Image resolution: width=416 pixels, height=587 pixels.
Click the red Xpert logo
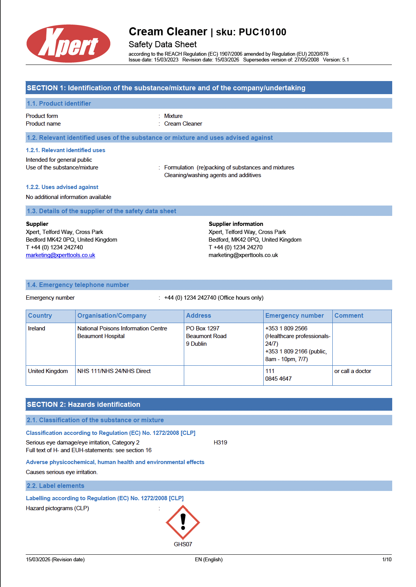(68, 44)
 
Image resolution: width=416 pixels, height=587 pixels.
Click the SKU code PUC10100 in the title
(262, 32)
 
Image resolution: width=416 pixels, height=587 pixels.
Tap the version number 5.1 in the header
(345, 60)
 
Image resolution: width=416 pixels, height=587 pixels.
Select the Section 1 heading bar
(208, 88)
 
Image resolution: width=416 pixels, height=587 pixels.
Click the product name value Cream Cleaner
(183, 124)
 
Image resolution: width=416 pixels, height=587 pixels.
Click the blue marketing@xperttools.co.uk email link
(60, 255)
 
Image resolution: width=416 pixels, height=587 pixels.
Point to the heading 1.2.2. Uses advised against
(62, 187)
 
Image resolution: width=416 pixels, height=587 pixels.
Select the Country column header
(40, 316)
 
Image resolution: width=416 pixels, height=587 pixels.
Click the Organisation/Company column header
(112, 316)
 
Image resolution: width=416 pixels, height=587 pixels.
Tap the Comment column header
(348, 316)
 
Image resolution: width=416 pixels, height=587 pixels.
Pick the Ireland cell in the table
(36, 328)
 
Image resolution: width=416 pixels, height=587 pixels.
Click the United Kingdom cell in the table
(48, 371)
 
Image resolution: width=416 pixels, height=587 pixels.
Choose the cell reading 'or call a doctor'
(353, 371)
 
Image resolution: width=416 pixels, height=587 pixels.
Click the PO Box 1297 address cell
(203, 328)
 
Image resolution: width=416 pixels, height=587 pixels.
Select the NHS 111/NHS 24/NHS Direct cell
(114, 371)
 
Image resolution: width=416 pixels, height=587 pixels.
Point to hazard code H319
(220, 443)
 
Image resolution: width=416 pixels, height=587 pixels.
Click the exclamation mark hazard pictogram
(183, 522)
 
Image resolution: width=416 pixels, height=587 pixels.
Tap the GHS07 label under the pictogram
(183, 544)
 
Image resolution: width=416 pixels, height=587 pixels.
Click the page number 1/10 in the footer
(386, 560)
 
